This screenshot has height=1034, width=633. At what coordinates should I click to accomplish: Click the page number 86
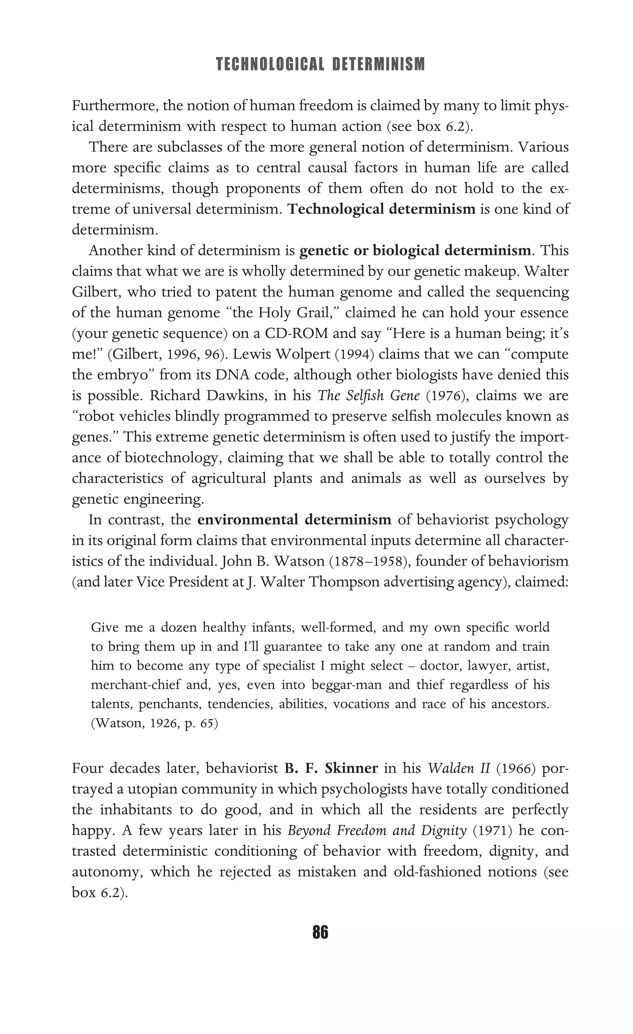pos(320,932)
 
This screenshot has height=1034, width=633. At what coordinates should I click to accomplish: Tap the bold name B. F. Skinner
pos(331,768)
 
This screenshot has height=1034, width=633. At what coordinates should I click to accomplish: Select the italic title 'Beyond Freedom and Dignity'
pos(376,830)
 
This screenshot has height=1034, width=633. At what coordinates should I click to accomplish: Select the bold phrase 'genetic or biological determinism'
pos(415,251)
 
